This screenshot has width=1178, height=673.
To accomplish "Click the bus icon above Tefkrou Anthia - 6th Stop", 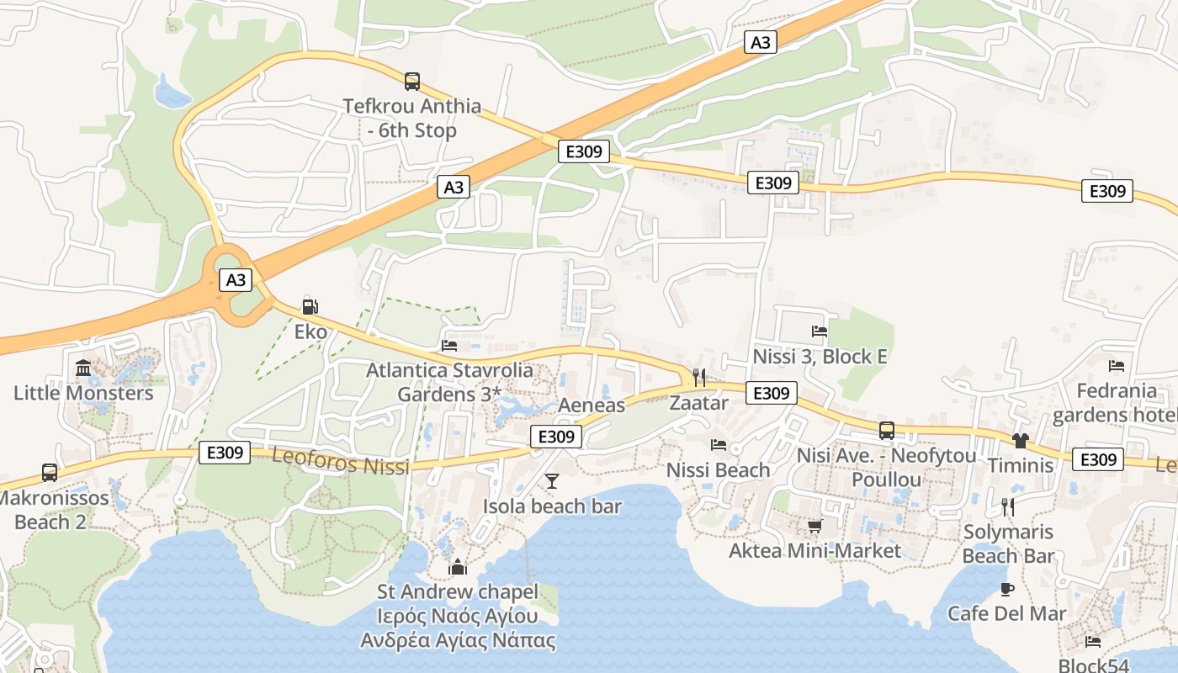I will [412, 82].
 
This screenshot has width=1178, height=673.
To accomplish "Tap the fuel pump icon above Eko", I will [310, 306].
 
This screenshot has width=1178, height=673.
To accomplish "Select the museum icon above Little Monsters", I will [83, 368].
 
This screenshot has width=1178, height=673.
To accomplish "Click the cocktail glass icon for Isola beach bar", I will [552, 480].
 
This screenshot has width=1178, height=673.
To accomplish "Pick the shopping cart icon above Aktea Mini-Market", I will [815, 526].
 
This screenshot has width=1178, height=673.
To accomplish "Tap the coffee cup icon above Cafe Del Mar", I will [1006, 589].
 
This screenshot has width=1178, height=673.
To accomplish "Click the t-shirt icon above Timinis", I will [1021, 440].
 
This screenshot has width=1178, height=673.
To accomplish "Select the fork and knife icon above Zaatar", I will [698, 378].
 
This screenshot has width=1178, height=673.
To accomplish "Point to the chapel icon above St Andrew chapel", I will [457, 567].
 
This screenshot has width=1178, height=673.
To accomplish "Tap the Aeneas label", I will [592, 405].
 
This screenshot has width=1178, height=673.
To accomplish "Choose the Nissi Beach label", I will [719, 470].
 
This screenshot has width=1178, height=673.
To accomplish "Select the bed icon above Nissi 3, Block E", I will [820, 331].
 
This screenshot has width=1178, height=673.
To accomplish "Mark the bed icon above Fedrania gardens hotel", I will [1117, 366].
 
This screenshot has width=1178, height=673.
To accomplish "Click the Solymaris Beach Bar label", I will [1008, 543].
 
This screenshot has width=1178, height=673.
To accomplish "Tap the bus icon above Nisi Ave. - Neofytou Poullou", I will [887, 431].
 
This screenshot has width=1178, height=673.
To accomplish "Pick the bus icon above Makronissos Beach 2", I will [50, 473].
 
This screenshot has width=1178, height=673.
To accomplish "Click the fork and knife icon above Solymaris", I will [1008, 506].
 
